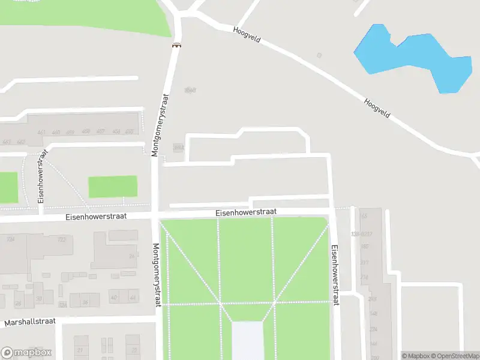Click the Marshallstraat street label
point(30,322)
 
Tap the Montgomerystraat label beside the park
point(157,275)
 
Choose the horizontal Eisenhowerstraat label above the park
point(246,212)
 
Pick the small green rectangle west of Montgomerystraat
point(113,187)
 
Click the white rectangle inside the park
point(247,340)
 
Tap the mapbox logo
point(26,353)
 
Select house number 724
point(11,239)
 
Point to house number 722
point(61,239)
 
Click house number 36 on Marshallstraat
point(85,302)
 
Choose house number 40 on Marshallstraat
point(114,298)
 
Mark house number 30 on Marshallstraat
point(38,298)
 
